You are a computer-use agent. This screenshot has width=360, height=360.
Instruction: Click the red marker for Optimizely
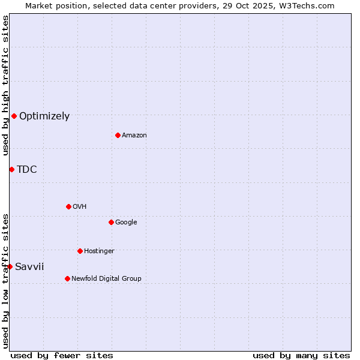[x=14, y=116]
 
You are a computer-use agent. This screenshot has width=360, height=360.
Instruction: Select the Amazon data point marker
[x=118, y=135]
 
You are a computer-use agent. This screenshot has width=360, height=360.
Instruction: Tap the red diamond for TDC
[x=11, y=169]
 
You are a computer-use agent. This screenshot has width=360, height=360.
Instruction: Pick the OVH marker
[x=68, y=206]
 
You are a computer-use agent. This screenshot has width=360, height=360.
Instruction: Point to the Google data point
[x=111, y=222]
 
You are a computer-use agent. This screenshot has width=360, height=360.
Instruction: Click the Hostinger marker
[x=80, y=251]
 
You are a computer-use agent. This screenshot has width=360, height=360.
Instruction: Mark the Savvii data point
[x=10, y=266]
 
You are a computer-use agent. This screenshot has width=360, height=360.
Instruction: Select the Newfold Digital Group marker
[x=67, y=278]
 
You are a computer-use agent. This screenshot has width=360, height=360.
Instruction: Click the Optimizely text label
[x=44, y=116]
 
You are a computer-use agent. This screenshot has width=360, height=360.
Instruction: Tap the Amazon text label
[x=134, y=136]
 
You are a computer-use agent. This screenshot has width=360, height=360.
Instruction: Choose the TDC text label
[x=27, y=170]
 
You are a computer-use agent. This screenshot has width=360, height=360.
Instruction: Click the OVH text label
[x=80, y=207]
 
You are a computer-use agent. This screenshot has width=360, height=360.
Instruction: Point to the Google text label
[x=126, y=223]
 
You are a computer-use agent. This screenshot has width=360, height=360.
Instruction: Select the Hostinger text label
[x=99, y=251]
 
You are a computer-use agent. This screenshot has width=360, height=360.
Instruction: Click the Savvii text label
[x=29, y=267]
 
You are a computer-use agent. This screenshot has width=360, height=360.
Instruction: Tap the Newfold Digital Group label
[x=106, y=279]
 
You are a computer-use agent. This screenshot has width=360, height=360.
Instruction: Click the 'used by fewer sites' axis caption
[x=62, y=355]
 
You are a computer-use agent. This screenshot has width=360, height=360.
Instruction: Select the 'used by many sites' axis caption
[x=301, y=355]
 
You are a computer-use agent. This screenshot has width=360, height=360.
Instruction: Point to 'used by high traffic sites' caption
[x=5, y=85]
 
